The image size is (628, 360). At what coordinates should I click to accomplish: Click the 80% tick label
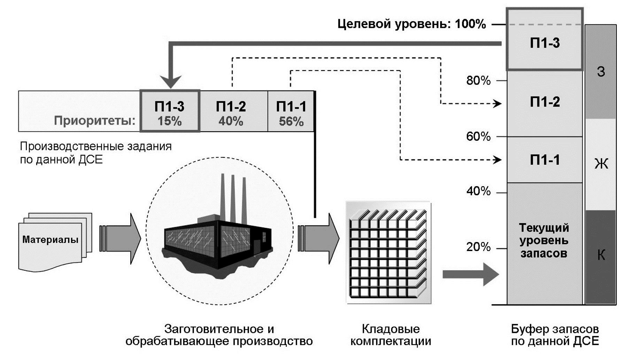point(478,81)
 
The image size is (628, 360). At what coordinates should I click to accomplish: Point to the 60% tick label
point(478,136)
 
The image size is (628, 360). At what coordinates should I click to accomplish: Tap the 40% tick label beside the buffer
point(478,191)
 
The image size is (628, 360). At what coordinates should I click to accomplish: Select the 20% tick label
point(478,247)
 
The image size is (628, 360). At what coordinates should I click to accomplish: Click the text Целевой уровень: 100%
point(411,24)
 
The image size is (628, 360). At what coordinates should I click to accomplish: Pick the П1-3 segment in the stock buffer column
point(544,43)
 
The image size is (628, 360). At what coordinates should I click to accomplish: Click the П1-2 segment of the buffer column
point(544,102)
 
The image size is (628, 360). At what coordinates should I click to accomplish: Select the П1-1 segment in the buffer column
point(544,160)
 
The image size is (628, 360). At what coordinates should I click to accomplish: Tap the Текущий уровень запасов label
point(544,240)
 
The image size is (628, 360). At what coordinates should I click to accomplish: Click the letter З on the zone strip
point(601,72)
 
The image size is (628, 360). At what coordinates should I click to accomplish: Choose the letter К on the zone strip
point(601,255)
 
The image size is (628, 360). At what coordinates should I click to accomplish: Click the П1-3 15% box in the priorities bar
point(170,111)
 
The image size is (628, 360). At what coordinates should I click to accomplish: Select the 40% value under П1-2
point(231,121)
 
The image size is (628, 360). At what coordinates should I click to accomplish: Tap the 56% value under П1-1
point(291,122)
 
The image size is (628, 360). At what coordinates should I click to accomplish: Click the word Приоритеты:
point(94,121)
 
